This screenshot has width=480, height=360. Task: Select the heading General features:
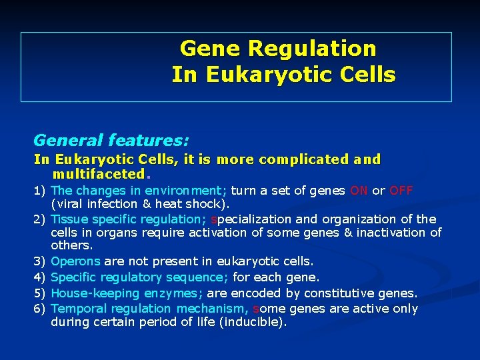pyautogui.click(x=111, y=141)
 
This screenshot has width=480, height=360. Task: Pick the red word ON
pyautogui.click(x=359, y=191)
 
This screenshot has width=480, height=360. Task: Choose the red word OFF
pyautogui.click(x=401, y=191)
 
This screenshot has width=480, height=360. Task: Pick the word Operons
pyautogui.click(x=75, y=262)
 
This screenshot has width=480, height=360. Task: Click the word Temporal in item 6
pyautogui.click(x=77, y=309)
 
